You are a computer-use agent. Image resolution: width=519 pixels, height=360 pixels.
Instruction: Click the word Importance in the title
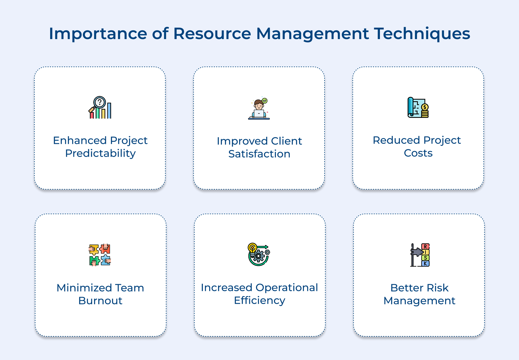click(98, 34)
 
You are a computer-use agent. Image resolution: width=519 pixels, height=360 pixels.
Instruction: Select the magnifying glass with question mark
click(99, 102)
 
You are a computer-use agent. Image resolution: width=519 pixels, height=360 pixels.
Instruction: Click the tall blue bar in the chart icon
click(109, 111)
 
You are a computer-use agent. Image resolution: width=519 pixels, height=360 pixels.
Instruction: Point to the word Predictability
click(100, 153)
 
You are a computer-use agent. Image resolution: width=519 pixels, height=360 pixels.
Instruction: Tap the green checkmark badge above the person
click(265, 101)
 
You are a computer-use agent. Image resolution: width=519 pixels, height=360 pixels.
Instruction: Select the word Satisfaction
click(259, 154)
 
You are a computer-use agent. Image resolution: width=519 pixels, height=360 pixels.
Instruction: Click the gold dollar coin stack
click(425, 111)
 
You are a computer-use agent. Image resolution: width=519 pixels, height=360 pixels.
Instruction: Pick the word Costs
click(418, 153)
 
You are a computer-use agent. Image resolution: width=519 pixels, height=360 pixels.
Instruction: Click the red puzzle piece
click(105, 249)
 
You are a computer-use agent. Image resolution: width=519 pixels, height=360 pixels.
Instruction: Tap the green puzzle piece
click(94, 260)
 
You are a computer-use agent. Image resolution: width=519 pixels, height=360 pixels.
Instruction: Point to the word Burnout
click(100, 301)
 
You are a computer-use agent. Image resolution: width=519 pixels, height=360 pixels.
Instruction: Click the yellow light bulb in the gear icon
click(252, 248)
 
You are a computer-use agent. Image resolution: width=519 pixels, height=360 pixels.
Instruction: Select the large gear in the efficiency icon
click(258, 256)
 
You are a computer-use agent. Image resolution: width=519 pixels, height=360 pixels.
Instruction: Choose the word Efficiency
click(259, 300)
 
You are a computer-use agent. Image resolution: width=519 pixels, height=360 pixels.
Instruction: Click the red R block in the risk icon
click(425, 247)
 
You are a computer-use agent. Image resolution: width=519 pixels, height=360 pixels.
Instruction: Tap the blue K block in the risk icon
click(425, 263)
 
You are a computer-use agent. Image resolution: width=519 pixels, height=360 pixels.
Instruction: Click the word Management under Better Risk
click(419, 301)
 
